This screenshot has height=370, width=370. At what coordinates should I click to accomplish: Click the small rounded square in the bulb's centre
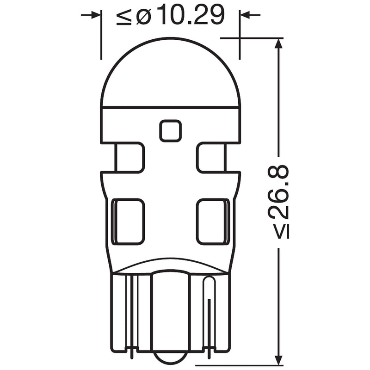pos(171,130)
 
